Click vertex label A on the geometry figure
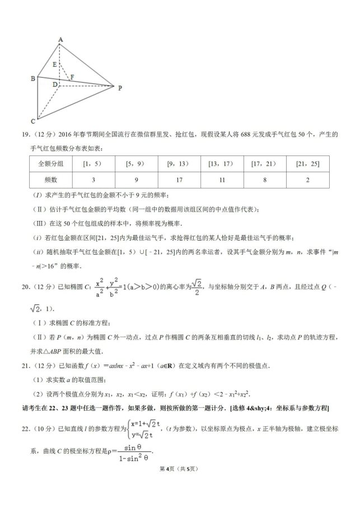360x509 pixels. click(60, 39)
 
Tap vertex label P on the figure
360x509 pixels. click(119, 87)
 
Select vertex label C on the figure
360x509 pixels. click(32, 121)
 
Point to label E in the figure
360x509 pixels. click(54, 65)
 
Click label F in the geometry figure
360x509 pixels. click(72, 77)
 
